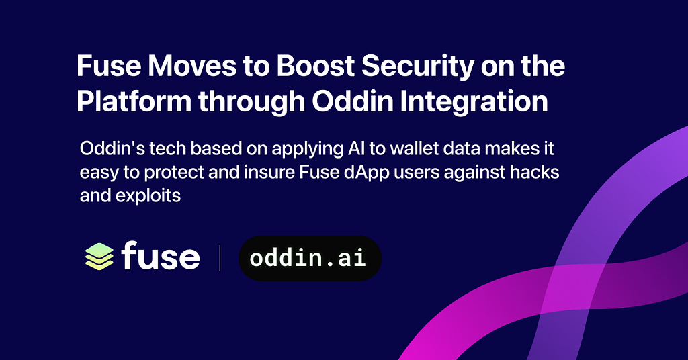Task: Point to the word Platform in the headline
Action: [134, 101]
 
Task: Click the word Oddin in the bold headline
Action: [353, 101]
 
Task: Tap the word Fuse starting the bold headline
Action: [109, 66]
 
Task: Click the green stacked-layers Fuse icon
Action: [99, 256]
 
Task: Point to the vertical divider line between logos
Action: [220, 259]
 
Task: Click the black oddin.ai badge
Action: [310, 259]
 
